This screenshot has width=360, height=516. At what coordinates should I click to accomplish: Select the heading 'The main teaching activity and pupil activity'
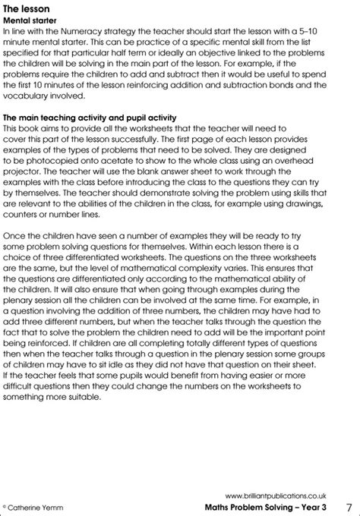point(90,119)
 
